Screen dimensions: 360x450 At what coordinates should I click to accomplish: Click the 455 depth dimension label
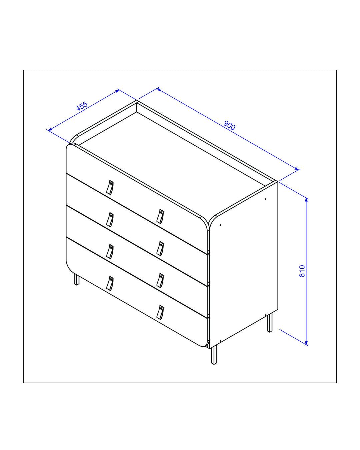pyautogui.click(x=82, y=106)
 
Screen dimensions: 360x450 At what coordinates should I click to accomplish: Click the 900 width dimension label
pyautogui.click(x=229, y=125)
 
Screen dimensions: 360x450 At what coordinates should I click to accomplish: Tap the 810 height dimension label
pyautogui.click(x=302, y=271)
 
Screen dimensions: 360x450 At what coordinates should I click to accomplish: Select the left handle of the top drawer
pyautogui.click(x=110, y=187)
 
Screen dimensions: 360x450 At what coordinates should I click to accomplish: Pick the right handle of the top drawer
pyautogui.click(x=160, y=216)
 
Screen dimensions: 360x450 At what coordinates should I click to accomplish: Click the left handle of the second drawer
pyautogui.click(x=110, y=220)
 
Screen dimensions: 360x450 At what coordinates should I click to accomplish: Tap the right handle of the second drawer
pyautogui.click(x=160, y=249)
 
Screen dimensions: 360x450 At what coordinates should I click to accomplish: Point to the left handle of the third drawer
pyautogui.click(x=110, y=252)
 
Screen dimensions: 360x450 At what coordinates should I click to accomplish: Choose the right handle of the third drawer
pyautogui.click(x=160, y=280)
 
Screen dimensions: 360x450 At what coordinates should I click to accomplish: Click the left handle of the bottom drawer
pyautogui.click(x=110, y=284)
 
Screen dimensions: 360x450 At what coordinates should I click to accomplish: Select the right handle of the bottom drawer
pyautogui.click(x=160, y=312)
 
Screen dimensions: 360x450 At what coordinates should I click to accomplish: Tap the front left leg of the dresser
pyautogui.click(x=77, y=279)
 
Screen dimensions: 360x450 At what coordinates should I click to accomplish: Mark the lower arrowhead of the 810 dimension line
pyautogui.click(x=306, y=343)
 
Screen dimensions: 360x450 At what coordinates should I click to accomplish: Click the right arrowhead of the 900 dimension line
pyautogui.click(x=296, y=169)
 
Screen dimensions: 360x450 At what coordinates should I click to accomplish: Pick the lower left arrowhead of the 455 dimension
pyautogui.click(x=50, y=129)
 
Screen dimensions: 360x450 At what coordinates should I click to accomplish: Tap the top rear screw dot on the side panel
pyautogui.click(x=266, y=199)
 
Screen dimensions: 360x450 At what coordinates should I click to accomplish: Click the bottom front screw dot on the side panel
pyautogui.click(x=220, y=341)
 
